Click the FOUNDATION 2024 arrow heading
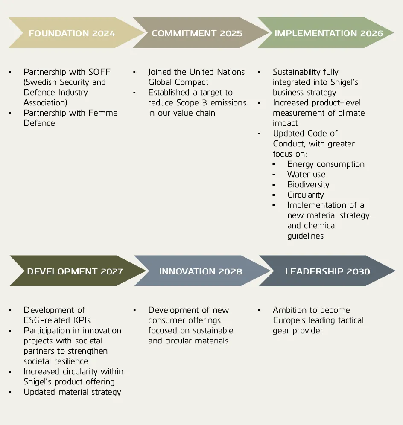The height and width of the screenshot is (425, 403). (72, 33)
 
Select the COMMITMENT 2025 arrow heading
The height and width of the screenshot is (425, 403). (197, 33)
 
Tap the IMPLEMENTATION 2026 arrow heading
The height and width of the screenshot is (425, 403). (328, 33)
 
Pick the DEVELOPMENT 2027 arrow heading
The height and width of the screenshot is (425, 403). (75, 271)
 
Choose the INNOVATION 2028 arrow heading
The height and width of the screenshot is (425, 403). (200, 271)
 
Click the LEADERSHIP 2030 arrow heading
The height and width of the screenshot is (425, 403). (327, 271)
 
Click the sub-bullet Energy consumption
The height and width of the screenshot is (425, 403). (326, 164)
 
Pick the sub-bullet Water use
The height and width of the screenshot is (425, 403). (306, 175)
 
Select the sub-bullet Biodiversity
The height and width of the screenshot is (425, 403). (308, 185)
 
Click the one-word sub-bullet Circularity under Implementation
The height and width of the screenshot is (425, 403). (305, 195)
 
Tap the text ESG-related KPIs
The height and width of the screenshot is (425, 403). (57, 320)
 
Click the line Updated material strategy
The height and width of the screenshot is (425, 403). (72, 392)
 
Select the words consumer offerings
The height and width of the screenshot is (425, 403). (184, 320)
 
